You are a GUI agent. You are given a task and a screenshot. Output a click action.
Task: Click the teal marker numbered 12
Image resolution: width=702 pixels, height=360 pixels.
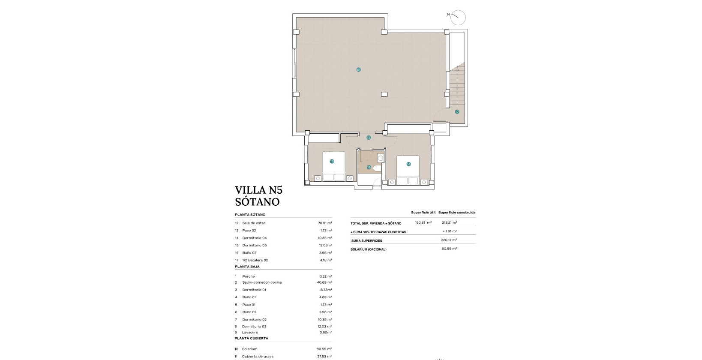pyautogui.click(x=358, y=69)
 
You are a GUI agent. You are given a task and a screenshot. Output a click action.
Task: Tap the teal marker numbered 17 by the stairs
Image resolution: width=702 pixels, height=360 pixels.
pyautogui.click(x=457, y=111)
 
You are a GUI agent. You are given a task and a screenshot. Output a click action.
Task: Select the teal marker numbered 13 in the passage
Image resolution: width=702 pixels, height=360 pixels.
pyautogui.click(x=369, y=138)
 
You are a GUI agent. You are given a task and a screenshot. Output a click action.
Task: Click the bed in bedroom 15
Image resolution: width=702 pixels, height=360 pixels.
pyautogui.click(x=334, y=167)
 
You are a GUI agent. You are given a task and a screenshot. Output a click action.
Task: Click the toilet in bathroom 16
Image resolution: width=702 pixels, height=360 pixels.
pyautogui.click(x=377, y=168)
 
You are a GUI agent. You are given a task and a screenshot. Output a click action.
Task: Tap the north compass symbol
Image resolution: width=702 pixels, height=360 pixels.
pyautogui.click(x=458, y=17)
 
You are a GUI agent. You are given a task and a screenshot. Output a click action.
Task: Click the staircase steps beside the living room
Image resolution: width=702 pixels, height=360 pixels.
pyautogui.click(x=457, y=86)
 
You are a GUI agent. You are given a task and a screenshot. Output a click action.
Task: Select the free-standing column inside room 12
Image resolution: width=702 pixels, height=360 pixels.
pyautogui.click(x=384, y=94)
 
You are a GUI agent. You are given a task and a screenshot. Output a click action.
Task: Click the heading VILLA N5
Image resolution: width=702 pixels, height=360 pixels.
pyautogui.click(x=258, y=190)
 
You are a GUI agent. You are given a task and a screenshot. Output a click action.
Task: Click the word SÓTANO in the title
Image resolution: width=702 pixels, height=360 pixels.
pyautogui.click(x=257, y=202)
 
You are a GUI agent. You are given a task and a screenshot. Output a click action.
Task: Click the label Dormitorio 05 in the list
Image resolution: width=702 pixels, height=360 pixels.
pyautogui.click(x=255, y=245)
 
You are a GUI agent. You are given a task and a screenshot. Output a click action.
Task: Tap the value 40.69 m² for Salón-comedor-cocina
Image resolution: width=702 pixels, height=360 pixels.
pyautogui.click(x=324, y=282)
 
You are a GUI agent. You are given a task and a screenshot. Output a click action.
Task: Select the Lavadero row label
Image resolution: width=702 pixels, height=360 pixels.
pyautogui.click(x=250, y=332)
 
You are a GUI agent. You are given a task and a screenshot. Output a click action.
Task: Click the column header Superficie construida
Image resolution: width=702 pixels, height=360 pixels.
pyautogui.click(x=457, y=213)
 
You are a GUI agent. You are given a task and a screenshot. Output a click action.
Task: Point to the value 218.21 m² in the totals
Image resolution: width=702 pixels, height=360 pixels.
pyautogui.click(x=449, y=223)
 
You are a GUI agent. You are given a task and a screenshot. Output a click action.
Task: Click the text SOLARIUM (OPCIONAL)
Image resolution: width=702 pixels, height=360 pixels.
pyautogui.click(x=368, y=249)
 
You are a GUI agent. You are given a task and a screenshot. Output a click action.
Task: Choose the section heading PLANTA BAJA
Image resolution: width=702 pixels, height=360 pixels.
pyautogui.click(x=247, y=267)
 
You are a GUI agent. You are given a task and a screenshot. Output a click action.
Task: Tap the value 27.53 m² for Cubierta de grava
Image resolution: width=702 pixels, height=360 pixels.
pyautogui.click(x=324, y=356)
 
